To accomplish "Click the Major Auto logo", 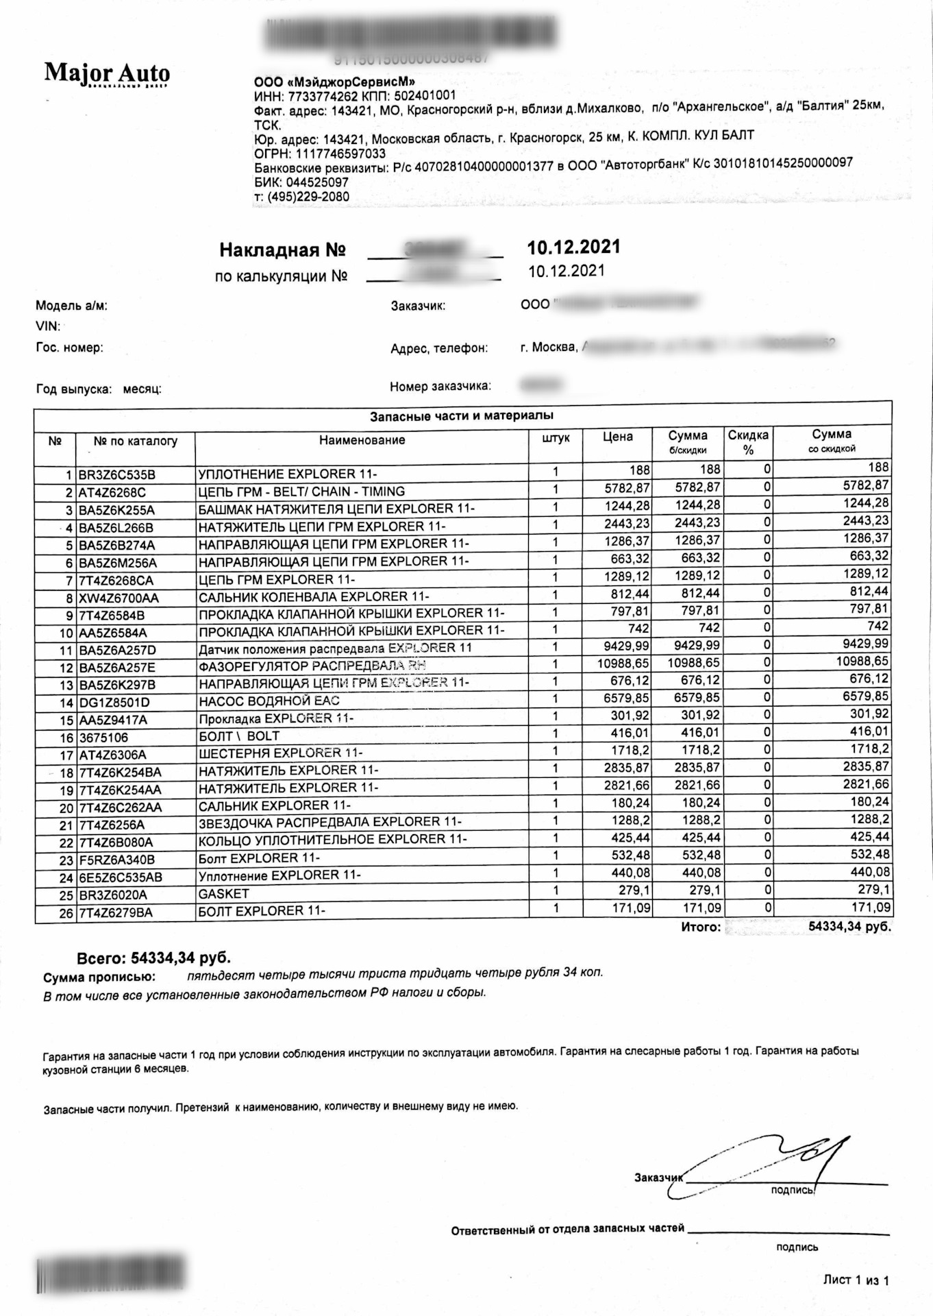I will coord(107,73).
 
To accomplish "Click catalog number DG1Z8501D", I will coord(114,703).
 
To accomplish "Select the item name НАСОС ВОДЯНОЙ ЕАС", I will coord(269,700).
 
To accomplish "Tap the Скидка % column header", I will coord(748,442).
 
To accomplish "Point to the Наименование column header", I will coord(362,440).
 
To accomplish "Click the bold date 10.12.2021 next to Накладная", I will coord(573,247).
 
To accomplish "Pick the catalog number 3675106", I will coord(103,738).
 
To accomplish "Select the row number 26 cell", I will coord(66,913).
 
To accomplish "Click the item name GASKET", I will coord(224,894).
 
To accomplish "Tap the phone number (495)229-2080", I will coord(308,197).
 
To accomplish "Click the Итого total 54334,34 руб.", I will coord(849,927).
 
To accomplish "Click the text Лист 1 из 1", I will coord(856,1280).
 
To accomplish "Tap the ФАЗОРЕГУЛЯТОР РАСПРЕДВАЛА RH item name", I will coord(312,666).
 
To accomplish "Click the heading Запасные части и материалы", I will coord(462,416).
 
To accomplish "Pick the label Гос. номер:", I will coord(69,348).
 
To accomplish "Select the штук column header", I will coord(555,438).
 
